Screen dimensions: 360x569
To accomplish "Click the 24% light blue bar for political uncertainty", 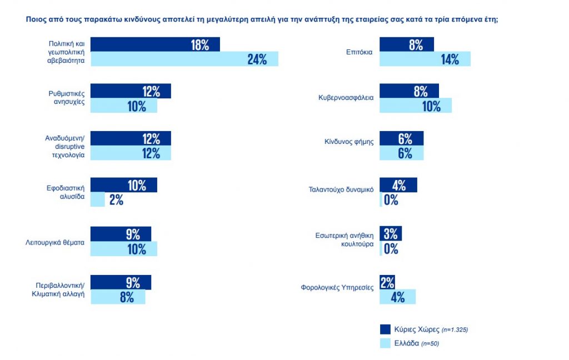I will pyautogui.click(x=184, y=59).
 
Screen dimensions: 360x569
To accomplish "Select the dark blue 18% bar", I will pyautogui.click(x=155, y=44).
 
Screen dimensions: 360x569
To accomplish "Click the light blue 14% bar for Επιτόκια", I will pyautogui.click(x=425, y=59).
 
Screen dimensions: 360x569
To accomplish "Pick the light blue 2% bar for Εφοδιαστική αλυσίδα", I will pyautogui.click(x=98, y=199).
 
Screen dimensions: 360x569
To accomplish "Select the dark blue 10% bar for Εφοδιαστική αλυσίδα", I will pyautogui.click(x=123, y=185).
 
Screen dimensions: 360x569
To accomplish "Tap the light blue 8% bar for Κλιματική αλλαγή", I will pyautogui.click(x=118, y=297).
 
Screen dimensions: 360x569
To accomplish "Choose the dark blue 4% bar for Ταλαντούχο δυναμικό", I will pyautogui.click(x=398, y=185).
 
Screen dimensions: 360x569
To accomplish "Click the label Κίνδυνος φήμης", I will pyautogui.click(x=349, y=142).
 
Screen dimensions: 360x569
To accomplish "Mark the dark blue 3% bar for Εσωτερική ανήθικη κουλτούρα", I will pyautogui.click(x=390, y=233).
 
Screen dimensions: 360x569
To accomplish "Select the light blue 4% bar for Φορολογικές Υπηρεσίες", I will pyautogui.click(x=397, y=297).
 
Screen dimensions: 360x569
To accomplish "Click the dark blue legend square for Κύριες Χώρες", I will pyautogui.click(x=385, y=329).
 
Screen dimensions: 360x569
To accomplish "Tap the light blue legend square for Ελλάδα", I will pyautogui.click(x=385, y=343).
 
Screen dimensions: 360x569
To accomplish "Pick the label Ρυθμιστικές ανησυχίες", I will pyautogui.click(x=66, y=98).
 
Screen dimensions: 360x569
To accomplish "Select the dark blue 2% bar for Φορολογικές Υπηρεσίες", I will pyautogui.click(x=387, y=282).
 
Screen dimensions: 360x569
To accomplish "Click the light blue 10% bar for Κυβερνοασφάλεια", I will pyautogui.click(x=415, y=106).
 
